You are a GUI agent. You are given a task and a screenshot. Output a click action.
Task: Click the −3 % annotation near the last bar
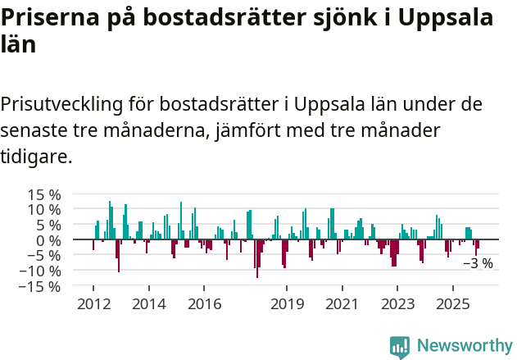point(478,264)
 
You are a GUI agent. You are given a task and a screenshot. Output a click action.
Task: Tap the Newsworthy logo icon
point(400,346)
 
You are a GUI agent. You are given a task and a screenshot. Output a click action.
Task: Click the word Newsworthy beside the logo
point(464,346)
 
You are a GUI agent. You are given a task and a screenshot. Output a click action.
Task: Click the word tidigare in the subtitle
point(36,156)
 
